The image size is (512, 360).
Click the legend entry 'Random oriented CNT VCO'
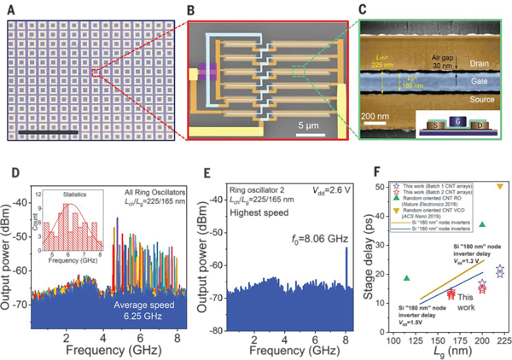(445, 210)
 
